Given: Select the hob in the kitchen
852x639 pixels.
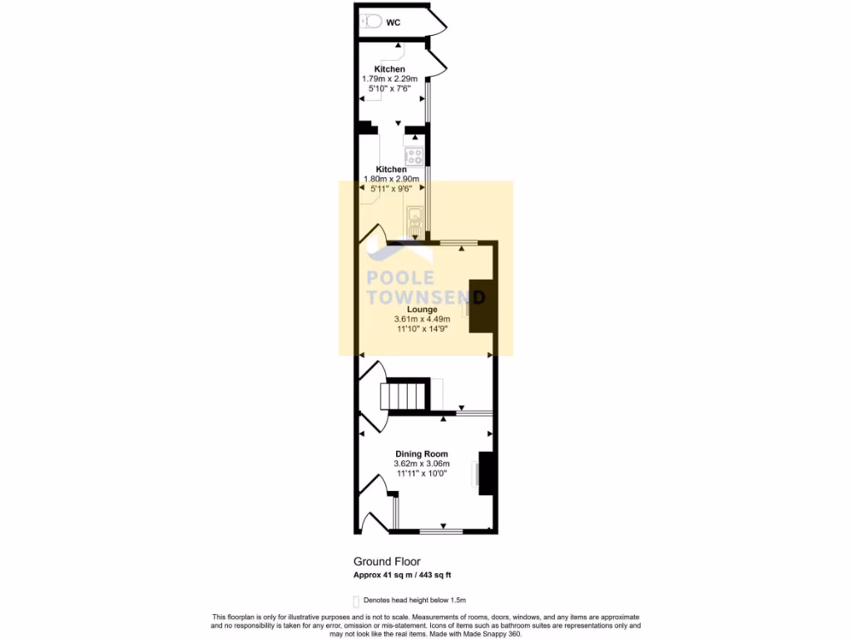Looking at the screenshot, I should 414,156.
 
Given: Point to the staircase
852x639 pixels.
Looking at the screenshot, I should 404,396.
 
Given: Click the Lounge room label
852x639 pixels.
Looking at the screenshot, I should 422,310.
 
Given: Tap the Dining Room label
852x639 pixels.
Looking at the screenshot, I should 422,454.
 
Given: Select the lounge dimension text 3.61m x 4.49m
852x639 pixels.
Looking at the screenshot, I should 422,319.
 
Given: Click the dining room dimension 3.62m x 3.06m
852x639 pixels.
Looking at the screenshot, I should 422,463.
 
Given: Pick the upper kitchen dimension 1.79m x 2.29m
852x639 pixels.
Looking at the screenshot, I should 389,78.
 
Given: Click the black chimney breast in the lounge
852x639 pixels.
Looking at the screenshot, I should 480,305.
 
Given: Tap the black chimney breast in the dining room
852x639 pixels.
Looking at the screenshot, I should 488,474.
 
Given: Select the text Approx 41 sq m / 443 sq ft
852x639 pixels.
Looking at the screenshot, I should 403,575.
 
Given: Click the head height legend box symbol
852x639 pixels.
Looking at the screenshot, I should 356,601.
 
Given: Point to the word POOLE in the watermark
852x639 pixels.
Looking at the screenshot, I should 401,278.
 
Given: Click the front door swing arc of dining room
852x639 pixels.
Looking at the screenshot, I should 374,503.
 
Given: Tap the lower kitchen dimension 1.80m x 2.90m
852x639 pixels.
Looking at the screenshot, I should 391,179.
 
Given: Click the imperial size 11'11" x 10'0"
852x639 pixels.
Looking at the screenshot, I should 422,473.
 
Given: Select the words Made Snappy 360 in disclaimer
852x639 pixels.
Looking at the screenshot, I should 492,634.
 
